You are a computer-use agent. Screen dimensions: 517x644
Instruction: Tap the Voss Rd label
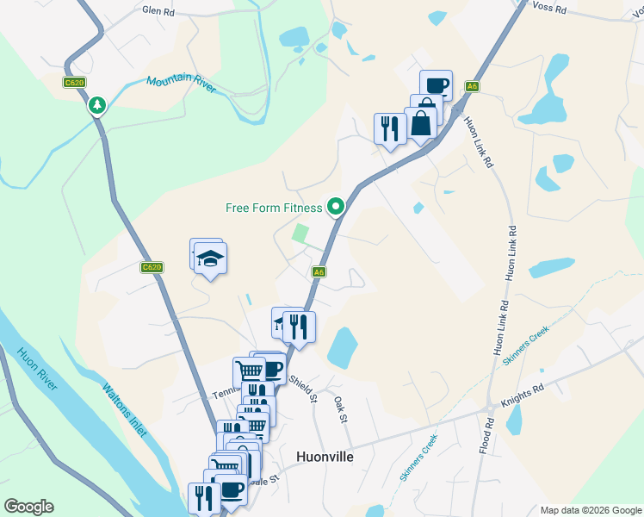pyautogui.click(x=549, y=9)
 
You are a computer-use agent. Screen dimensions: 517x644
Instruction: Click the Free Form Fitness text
pyautogui.click(x=274, y=208)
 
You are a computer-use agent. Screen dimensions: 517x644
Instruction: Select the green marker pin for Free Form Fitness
pyautogui.click(x=336, y=206)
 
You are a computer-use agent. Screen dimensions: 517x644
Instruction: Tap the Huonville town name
pyautogui.click(x=325, y=457)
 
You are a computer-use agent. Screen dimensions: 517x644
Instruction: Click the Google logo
pyautogui.click(x=28, y=507)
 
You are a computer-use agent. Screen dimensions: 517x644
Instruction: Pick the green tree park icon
pyautogui.click(x=97, y=105)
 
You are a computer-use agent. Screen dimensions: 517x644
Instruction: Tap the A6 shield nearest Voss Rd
pyautogui.click(x=472, y=86)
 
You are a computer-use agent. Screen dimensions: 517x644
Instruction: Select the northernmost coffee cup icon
pyautogui.click(x=436, y=85)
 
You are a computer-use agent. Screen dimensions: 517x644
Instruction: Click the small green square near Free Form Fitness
pyautogui.click(x=300, y=232)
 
